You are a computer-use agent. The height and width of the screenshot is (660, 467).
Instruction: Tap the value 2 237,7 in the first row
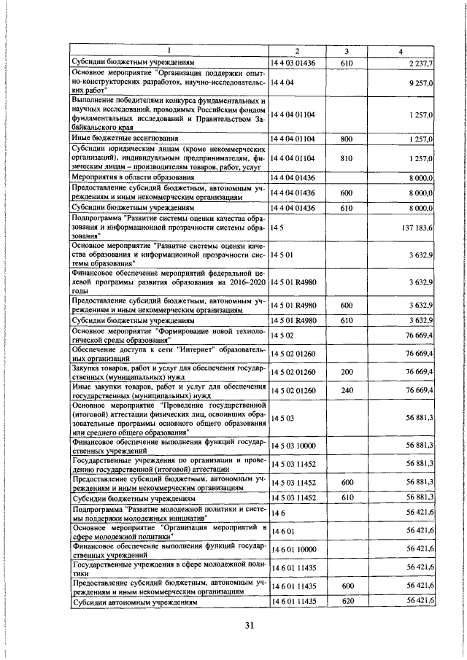pyautogui.click(x=421, y=64)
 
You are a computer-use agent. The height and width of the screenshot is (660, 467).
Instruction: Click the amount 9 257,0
pyautogui.click(x=421, y=85)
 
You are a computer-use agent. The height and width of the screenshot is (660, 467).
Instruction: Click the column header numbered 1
pyautogui.click(x=169, y=50)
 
